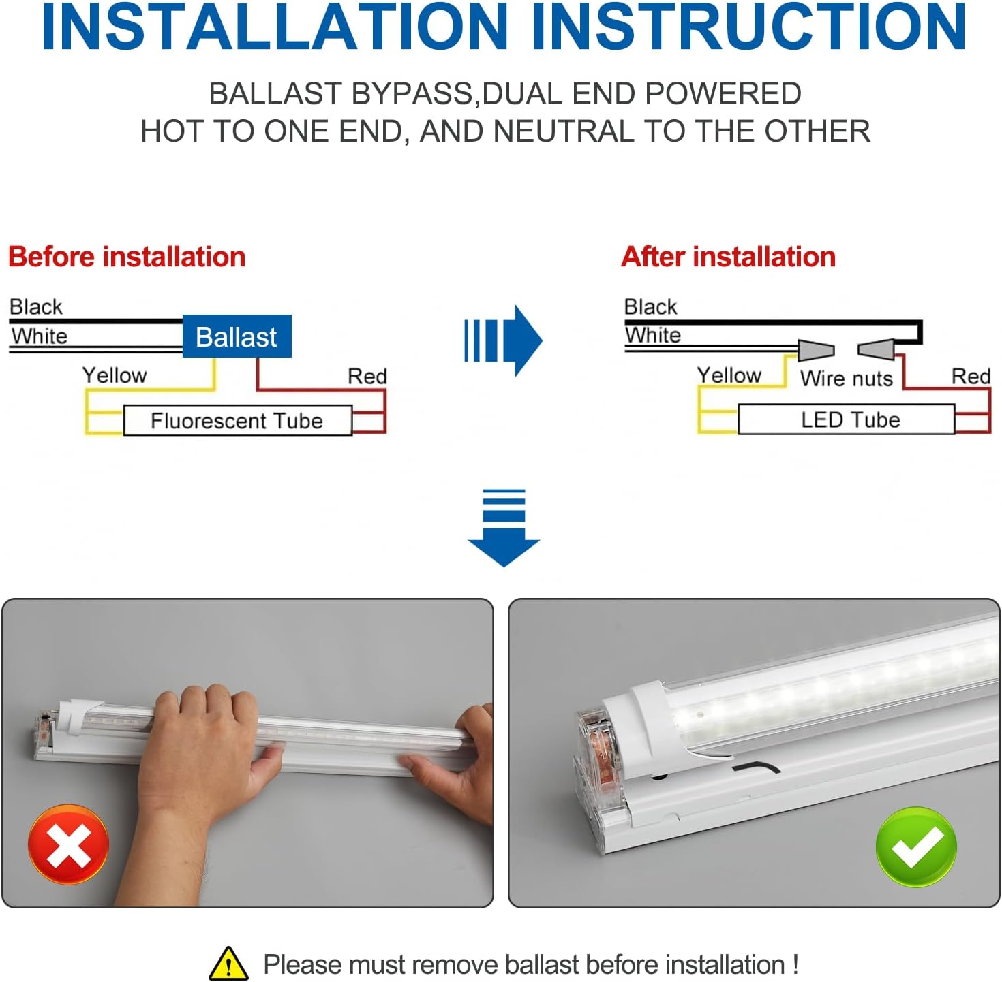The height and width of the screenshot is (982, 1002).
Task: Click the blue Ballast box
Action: [237, 336]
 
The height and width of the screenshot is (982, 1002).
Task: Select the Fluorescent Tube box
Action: [237, 421]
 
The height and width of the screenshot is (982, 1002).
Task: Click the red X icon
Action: [68, 845]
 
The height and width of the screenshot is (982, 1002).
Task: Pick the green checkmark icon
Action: [916, 846]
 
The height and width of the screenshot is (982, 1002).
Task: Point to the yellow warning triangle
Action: [228, 964]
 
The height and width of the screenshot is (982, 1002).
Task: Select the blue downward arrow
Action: [504, 528]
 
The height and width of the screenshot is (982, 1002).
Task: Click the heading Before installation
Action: [127, 257]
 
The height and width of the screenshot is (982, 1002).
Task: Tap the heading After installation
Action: [728, 257]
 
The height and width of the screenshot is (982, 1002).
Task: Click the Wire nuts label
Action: [846, 379]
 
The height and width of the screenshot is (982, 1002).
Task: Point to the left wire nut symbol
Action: [816, 350]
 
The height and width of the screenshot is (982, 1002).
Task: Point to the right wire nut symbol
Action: [877, 350]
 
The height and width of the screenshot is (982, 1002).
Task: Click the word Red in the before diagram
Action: [367, 376]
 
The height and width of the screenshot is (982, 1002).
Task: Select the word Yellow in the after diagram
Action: [729, 375]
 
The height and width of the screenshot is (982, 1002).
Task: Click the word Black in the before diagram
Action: [35, 306]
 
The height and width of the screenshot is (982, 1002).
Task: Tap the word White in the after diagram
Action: [653, 335]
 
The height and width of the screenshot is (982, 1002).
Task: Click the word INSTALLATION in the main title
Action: [275, 27]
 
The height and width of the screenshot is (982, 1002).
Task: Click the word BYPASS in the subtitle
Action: [412, 94]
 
